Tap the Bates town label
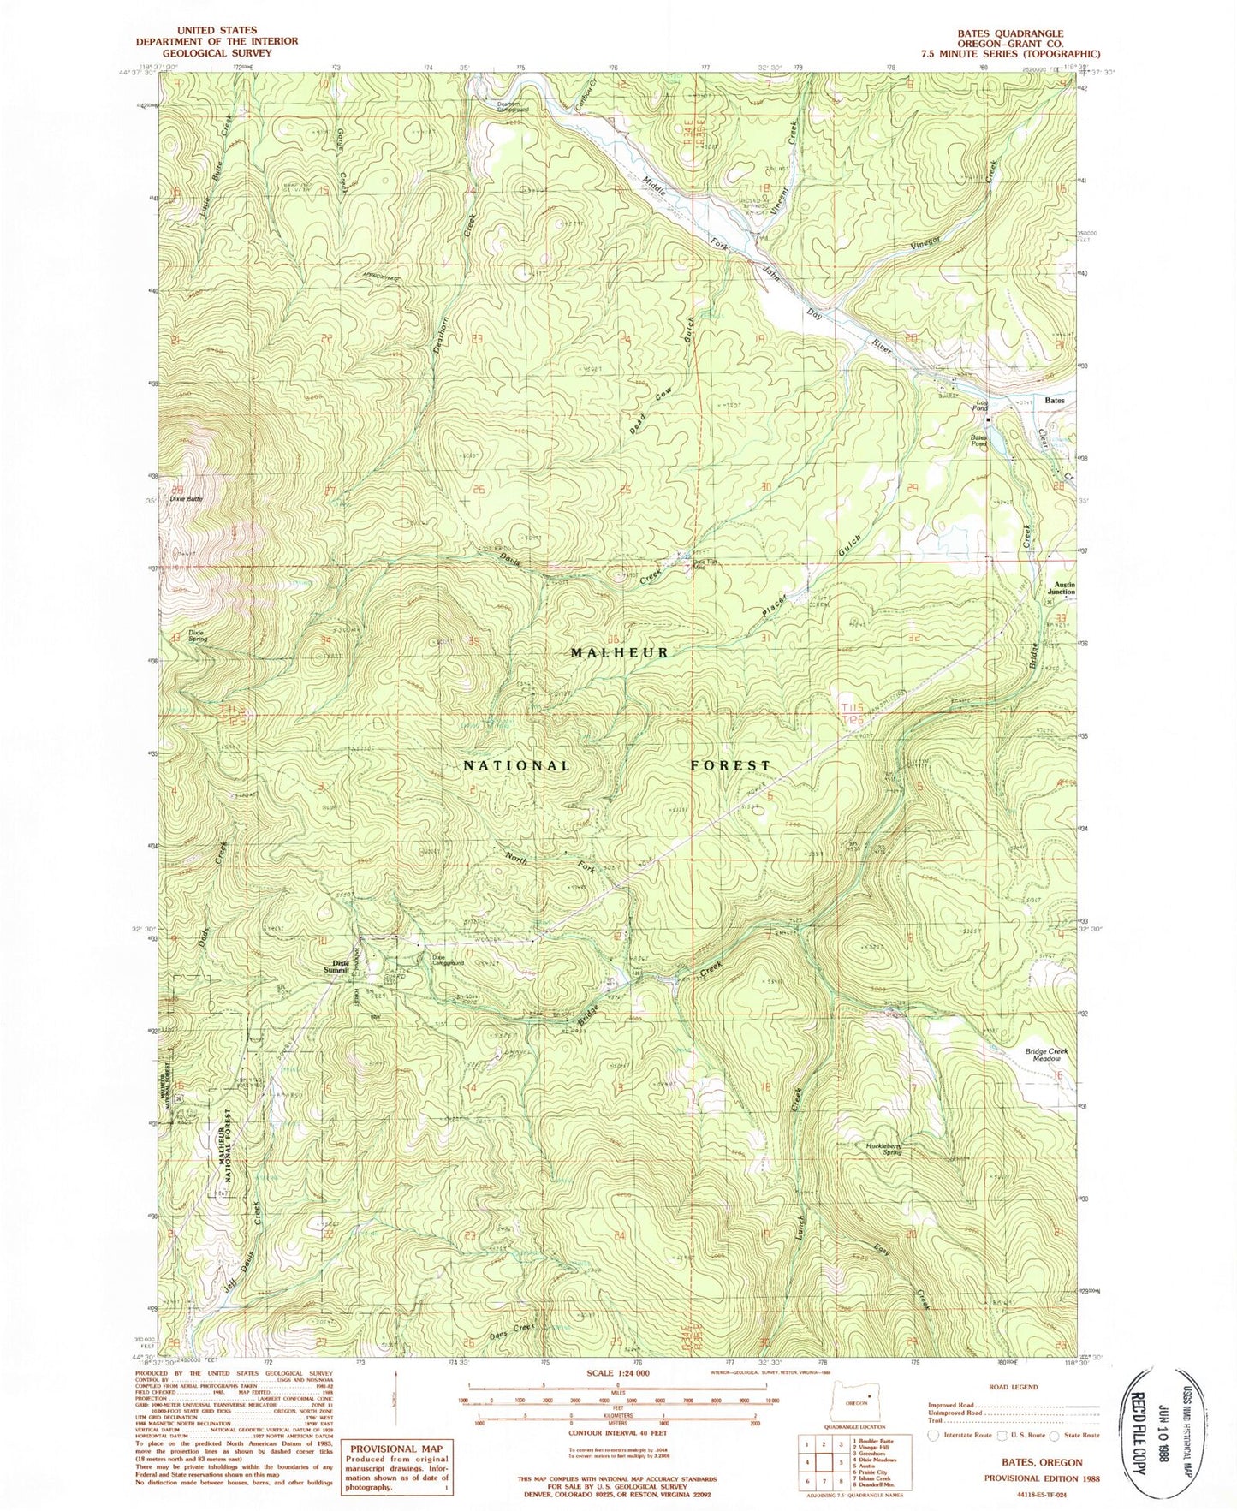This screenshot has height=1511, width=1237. coord(1055,400)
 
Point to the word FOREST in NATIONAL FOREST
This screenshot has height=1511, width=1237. coord(730,764)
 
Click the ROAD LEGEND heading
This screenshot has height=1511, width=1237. coord(1014,1386)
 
